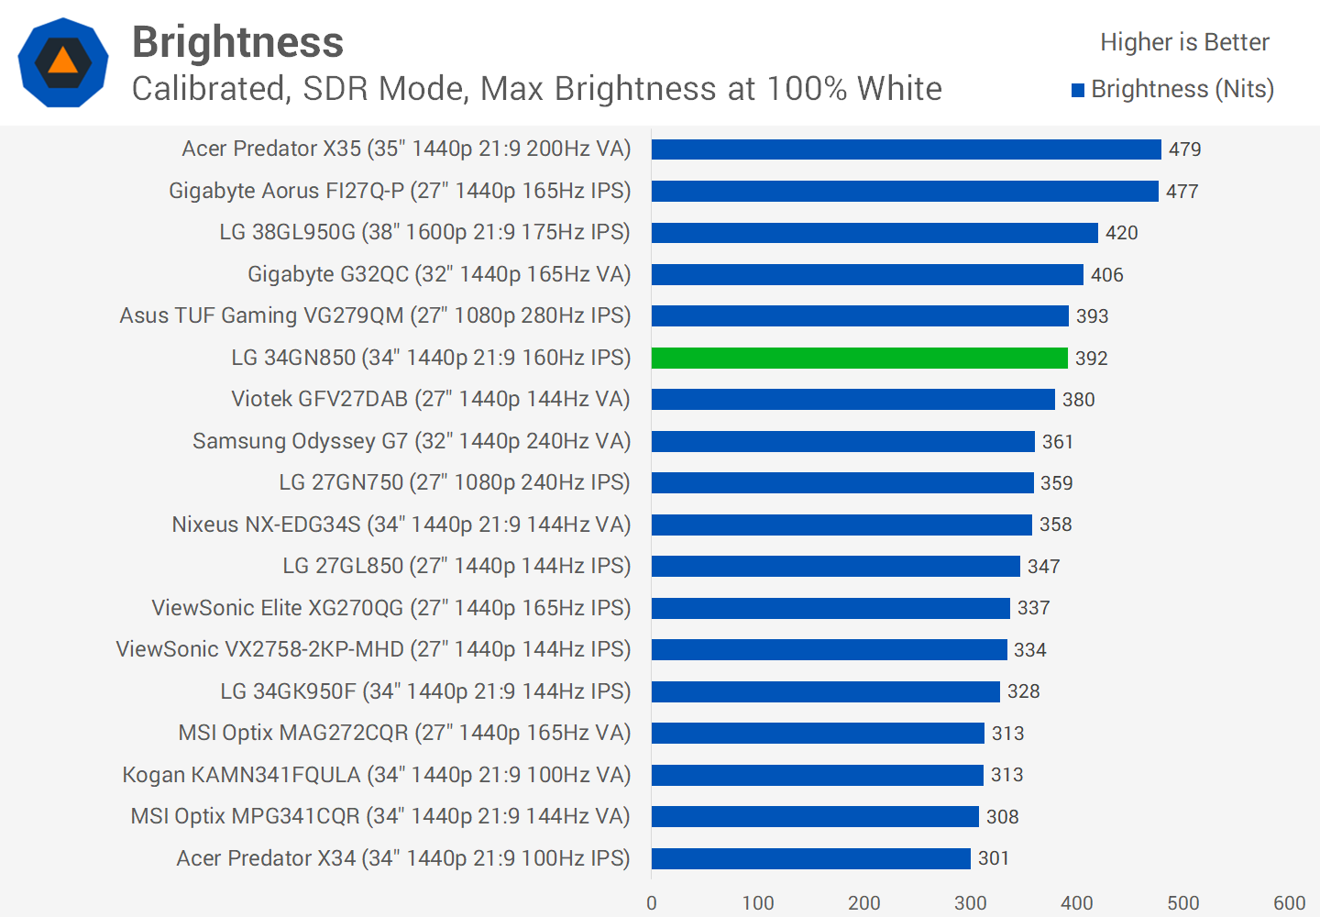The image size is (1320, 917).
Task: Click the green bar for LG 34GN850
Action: point(860,358)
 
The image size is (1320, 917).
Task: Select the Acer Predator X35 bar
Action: point(906,149)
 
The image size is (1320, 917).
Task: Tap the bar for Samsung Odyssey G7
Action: point(843,441)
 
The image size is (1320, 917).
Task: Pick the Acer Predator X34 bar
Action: point(811,858)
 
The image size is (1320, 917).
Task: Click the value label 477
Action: point(1182,192)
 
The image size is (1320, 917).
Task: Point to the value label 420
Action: point(1122,233)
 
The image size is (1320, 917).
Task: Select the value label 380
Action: point(1079,400)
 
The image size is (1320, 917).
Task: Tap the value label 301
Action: point(994,858)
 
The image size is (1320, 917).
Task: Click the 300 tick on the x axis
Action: point(971,903)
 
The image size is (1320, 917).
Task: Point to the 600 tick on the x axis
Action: point(1289,903)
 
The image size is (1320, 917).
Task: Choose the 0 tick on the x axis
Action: point(652,903)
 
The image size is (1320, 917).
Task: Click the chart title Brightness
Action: point(238,42)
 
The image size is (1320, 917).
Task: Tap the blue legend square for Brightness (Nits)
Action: point(1078,90)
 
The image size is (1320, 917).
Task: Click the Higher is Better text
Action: point(1184,42)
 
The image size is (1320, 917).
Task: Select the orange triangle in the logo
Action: point(63,61)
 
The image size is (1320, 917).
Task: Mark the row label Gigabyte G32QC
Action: point(439,274)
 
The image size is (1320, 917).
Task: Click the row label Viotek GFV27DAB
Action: point(431,399)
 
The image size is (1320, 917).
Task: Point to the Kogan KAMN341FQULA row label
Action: point(377,775)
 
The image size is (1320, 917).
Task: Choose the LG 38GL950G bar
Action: point(874,233)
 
